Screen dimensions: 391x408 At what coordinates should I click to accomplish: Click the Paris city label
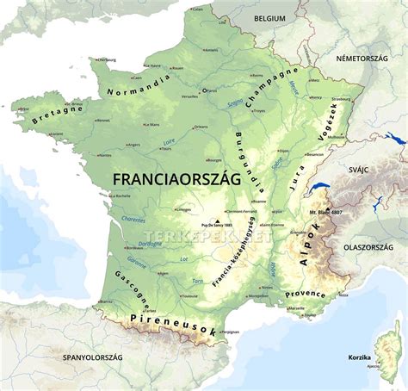(214, 89)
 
